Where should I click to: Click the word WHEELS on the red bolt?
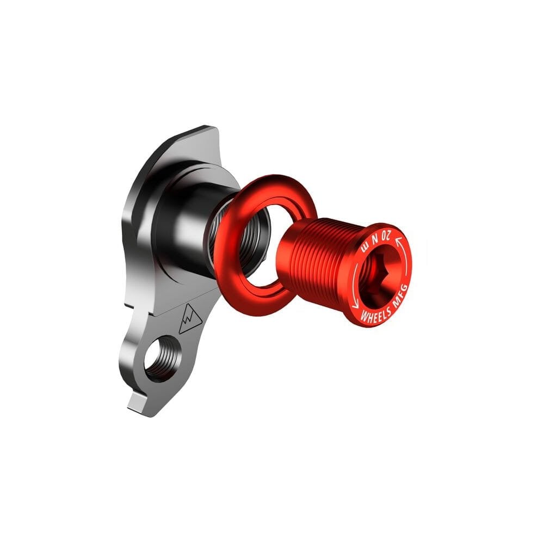376,314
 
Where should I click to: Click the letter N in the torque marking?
375,238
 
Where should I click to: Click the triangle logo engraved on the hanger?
189,319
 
